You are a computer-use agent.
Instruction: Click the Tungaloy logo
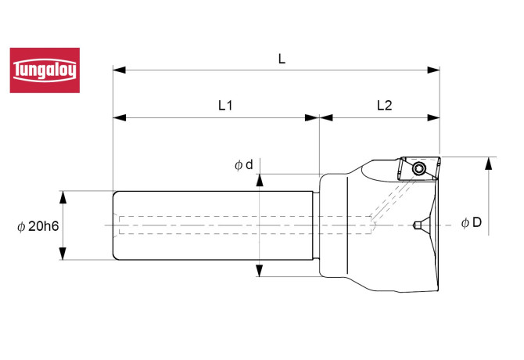[45, 70]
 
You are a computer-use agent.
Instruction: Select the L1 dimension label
[224, 105]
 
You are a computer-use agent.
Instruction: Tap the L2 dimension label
[385, 105]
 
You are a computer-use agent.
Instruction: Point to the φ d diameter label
[243, 165]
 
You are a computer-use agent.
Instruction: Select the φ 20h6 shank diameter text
[39, 226]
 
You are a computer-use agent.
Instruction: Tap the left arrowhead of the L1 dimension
[119, 118]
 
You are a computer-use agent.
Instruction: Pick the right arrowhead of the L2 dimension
[434, 118]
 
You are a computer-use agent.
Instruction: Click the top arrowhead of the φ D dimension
[490, 162]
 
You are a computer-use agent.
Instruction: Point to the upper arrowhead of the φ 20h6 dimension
[63, 196]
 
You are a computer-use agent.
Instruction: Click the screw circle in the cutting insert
[420, 168]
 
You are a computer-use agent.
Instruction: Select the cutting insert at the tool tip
[417, 168]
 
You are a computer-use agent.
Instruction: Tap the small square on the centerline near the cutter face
[418, 226]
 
